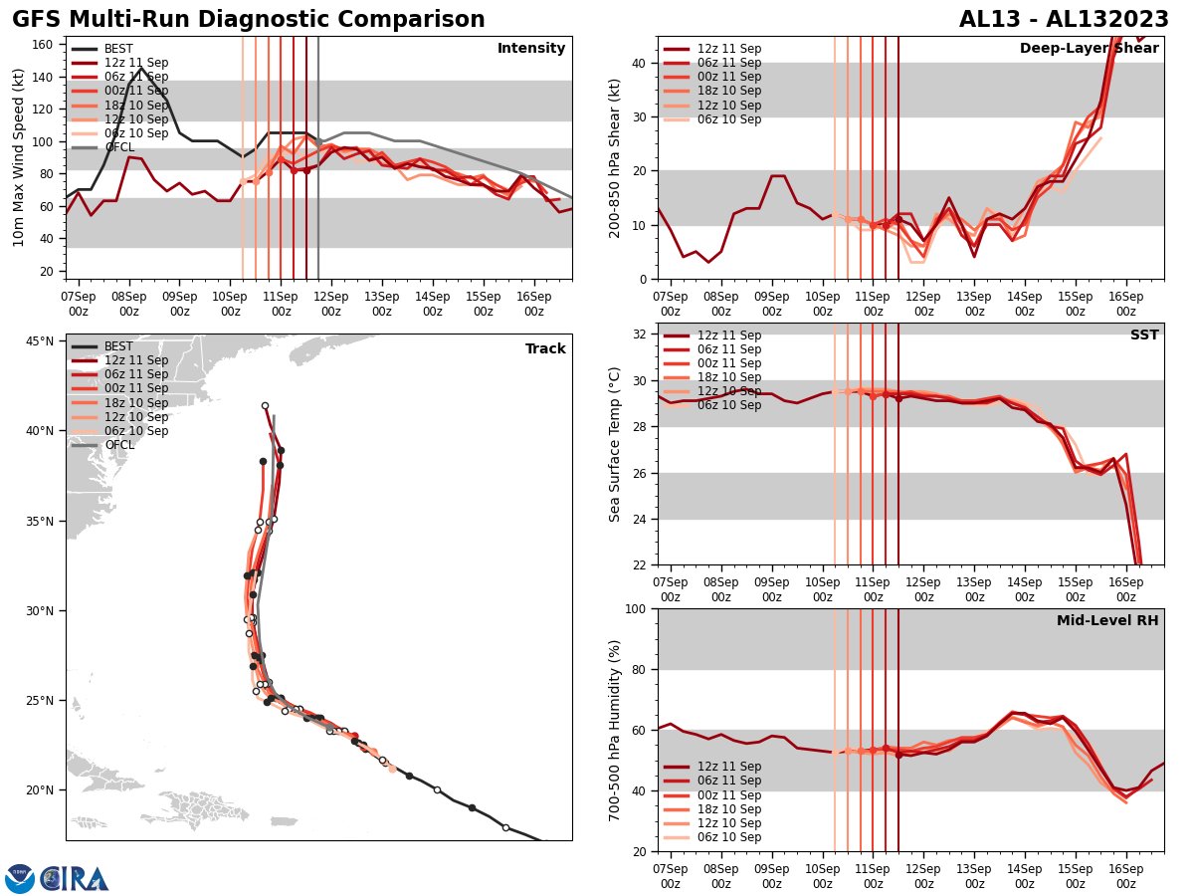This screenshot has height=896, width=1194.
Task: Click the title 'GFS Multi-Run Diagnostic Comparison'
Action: tap(249, 20)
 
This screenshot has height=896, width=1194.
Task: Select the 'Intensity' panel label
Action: tap(531, 49)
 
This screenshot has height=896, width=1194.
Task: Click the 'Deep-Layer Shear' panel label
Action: tap(1089, 49)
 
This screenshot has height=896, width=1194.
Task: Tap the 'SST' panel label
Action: tap(1144, 336)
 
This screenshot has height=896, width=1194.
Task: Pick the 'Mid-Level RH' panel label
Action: tap(1107, 621)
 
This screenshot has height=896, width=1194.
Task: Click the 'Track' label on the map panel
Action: tap(545, 349)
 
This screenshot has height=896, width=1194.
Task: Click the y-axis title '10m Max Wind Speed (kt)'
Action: tap(18, 157)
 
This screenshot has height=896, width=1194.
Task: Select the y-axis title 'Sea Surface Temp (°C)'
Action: tap(615, 444)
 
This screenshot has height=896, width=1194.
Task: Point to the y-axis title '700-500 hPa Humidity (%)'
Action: tap(615, 730)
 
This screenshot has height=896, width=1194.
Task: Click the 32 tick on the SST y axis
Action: tap(641, 335)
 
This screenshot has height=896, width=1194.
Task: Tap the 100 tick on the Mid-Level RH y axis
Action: tap(636, 608)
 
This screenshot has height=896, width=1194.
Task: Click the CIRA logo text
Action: tap(76, 879)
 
